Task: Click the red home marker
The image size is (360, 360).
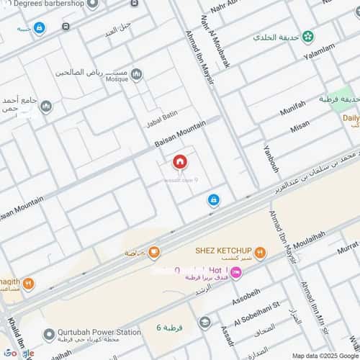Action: click(179, 162)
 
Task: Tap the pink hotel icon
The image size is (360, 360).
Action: click(237, 271)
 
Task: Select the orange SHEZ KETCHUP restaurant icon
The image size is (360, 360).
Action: click(260, 253)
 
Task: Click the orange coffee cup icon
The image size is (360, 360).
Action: click(153, 251)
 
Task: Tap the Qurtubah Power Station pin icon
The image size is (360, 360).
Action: click(49, 334)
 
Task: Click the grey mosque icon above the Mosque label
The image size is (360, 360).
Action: click(136, 74)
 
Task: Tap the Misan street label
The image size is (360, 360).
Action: click(300, 127)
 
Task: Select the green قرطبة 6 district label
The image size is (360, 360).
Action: click(169, 328)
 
